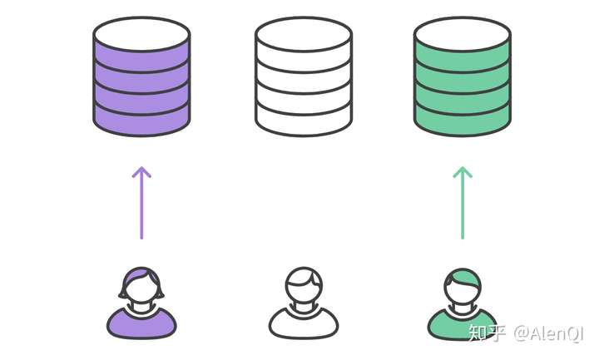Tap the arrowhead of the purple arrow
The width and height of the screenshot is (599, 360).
[141, 172]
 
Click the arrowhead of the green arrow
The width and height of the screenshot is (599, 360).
[463, 172]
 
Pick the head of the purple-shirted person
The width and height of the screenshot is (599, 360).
[141, 286]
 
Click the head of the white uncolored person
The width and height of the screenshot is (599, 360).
[303, 286]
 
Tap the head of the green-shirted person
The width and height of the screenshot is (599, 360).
[463, 286]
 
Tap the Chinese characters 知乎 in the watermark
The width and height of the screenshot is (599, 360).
[487, 333]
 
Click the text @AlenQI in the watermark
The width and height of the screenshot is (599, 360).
[551, 333]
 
